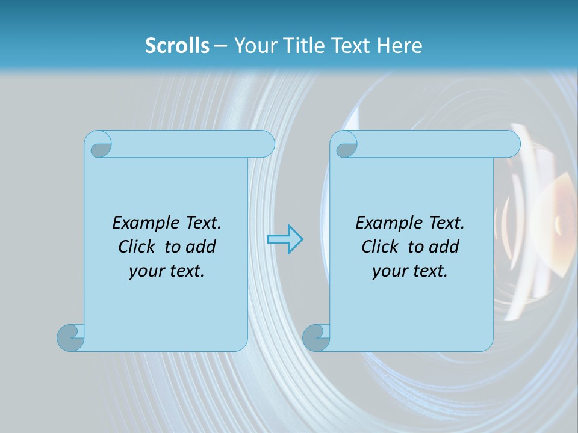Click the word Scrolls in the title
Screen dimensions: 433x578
(177, 46)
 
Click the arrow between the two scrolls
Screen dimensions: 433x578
(285, 239)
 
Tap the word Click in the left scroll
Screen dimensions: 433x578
(138, 247)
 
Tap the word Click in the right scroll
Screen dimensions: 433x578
(380, 247)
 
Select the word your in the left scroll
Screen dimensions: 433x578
(144, 272)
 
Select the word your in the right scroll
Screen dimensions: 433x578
(388, 272)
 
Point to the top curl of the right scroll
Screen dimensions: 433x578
(346, 145)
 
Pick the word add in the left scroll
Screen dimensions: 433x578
(202, 247)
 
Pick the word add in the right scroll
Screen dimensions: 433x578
(445, 247)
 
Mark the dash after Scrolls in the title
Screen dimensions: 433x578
(220, 46)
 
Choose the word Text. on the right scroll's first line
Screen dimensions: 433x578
(446, 223)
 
